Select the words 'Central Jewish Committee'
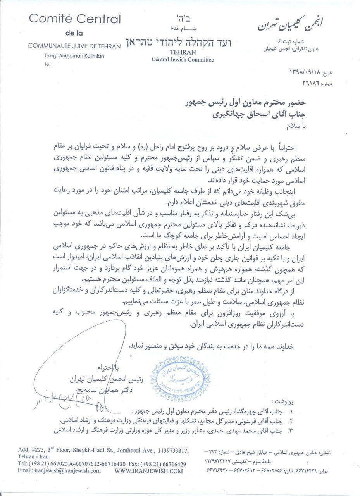coord(177,59)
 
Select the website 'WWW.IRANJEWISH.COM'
coord(148,471)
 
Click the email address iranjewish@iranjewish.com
coord(59,471)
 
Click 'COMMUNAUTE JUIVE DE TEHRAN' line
coord(74,46)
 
